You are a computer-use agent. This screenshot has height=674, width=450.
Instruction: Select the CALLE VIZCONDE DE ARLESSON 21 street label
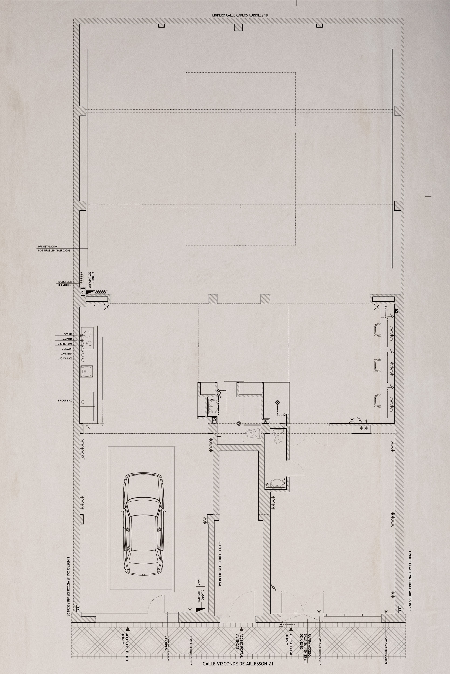(x=238, y=669)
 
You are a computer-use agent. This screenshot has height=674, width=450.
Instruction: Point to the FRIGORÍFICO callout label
(x=65, y=401)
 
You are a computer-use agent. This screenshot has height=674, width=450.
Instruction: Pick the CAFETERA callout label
(x=66, y=354)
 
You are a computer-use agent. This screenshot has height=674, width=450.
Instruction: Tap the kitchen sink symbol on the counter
(x=86, y=372)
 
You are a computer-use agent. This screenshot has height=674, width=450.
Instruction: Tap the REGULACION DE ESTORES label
(x=65, y=283)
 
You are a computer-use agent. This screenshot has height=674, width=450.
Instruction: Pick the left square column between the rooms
(x=213, y=299)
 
